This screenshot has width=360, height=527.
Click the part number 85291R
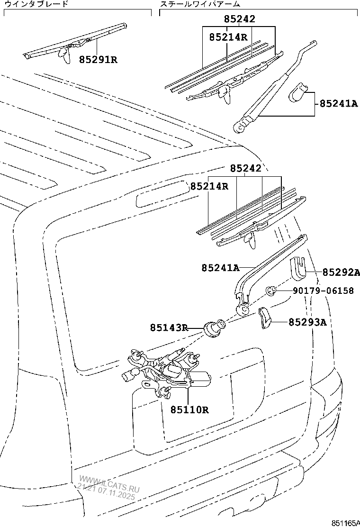coord(98,60)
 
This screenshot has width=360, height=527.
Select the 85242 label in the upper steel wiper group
coord(239,19)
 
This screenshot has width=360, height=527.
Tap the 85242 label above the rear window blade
coord(246,169)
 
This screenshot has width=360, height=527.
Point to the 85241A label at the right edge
coord(338,103)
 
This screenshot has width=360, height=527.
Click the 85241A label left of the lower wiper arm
coord(220,268)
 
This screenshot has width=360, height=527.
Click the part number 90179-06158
coord(323,291)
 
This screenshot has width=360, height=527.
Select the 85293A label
coord(307,322)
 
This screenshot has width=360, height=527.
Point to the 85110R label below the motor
coord(189,409)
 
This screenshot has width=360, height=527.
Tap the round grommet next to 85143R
coord(213,327)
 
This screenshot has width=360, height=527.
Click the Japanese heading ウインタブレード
coord(36,4)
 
